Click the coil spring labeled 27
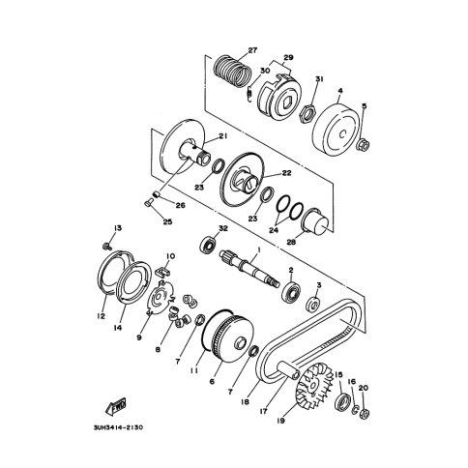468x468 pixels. coord(233,71)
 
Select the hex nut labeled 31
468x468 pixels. coord(308,113)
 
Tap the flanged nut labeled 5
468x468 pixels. coord(363,145)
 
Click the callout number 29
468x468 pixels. coord(288,57)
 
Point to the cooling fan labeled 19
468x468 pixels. coord(314,389)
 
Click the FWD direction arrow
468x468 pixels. coord(115,406)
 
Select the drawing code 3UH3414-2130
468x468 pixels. coord(118,427)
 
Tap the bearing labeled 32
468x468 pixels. coord(209,245)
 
